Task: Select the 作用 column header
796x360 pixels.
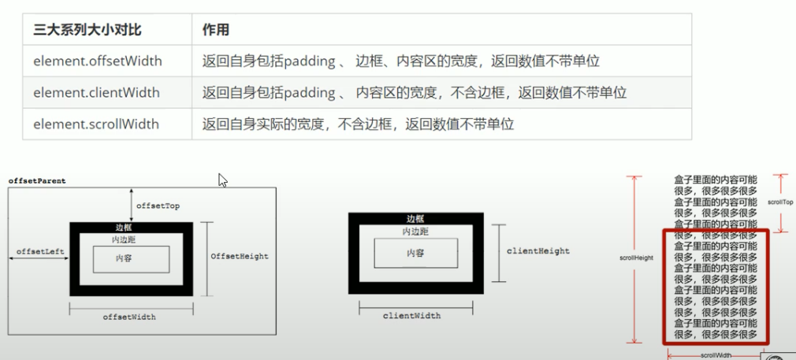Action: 216,29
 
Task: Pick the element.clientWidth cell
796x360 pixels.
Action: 96,92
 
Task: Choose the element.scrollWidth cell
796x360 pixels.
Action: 96,124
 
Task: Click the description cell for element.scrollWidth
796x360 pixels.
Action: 358,124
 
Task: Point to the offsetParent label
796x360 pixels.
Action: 37,181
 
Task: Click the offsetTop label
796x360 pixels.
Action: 158,206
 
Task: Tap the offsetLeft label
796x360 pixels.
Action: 39,251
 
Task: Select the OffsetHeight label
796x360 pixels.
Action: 240,256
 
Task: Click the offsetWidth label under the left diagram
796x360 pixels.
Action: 129,317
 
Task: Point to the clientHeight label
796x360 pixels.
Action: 538,251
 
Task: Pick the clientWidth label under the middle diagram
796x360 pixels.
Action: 411,315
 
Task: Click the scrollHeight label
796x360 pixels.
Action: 637,258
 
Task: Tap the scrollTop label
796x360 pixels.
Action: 780,202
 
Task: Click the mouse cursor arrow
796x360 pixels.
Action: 222,180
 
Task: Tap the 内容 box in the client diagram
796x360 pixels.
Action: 415,253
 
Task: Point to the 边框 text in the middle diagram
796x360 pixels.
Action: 415,219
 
